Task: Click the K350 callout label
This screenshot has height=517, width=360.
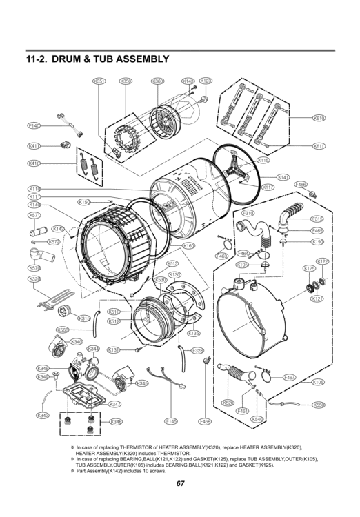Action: pyautogui.click(x=126, y=81)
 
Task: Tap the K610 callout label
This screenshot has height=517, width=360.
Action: pyautogui.click(x=319, y=118)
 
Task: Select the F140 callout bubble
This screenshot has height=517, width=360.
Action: pyautogui.click(x=34, y=126)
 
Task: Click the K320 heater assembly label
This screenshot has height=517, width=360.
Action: pyautogui.click(x=34, y=278)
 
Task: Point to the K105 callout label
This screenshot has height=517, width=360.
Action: pyautogui.click(x=318, y=381)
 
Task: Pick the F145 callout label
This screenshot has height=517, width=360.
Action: pyautogui.click(x=172, y=420)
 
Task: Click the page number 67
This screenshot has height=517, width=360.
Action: pyautogui.click(x=180, y=483)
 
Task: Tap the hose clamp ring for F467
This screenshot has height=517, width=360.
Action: pyautogui.click(x=266, y=376)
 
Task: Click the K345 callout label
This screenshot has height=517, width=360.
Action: pyautogui.click(x=142, y=383)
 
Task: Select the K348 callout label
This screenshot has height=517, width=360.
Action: pyautogui.click(x=116, y=421)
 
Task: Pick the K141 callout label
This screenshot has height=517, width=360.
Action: pyautogui.click(x=283, y=177)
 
